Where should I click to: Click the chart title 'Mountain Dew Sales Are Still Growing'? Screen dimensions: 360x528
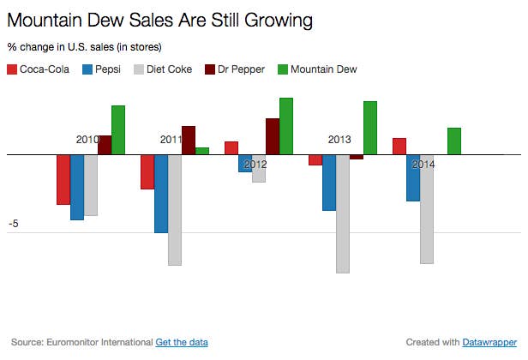159,18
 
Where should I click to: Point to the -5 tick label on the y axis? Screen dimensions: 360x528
14,224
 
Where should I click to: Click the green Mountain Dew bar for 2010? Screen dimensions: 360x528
118,130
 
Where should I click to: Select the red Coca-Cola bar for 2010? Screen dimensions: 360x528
63,179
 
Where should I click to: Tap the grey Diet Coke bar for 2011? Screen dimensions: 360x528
175,210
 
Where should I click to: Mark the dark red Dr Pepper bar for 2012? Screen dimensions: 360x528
273,136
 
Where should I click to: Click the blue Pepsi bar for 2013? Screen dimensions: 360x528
329,183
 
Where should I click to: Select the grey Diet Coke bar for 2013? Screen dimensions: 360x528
343,213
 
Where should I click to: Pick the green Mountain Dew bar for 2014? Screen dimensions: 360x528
454,141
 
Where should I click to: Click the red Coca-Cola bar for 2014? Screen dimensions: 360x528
399,147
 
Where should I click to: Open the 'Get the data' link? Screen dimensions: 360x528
182,342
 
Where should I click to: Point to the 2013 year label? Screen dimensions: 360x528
339,139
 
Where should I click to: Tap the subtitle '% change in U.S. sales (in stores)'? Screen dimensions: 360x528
84,46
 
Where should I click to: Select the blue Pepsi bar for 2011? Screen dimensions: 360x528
161,194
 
